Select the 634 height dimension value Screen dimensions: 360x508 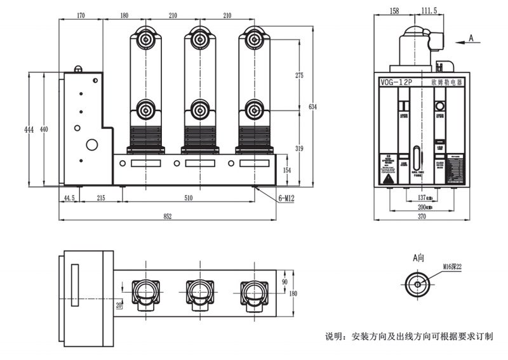[312, 106]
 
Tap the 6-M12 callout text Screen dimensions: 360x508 [286, 198]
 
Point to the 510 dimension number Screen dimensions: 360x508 [189, 198]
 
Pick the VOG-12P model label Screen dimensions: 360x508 [396, 83]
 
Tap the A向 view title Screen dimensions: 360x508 [418, 258]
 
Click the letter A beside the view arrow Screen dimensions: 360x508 [471, 38]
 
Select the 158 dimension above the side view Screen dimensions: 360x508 [394, 11]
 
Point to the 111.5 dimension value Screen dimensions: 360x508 [429, 11]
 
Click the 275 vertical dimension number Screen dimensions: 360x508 [300, 75]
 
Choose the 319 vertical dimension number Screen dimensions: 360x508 [300, 149]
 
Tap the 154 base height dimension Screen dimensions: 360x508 [286, 171]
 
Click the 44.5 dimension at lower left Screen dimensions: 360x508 [69, 198]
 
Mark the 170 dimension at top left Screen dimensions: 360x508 [81, 15]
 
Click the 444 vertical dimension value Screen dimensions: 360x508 [29, 130]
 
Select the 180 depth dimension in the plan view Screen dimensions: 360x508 [293, 293]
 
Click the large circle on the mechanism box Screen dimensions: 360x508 [91, 145]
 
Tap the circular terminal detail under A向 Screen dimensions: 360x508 [417, 283]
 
